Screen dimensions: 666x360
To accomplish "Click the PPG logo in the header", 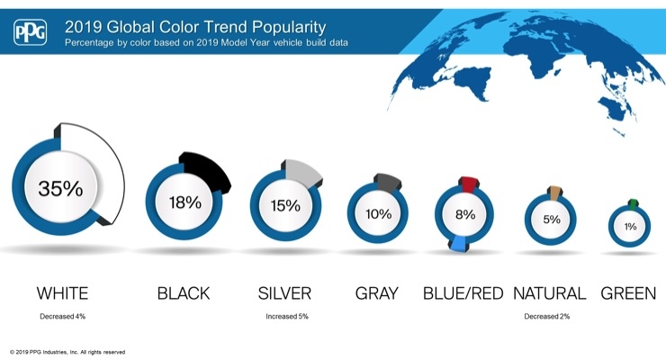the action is point(31,31).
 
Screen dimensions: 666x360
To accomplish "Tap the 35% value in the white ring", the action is point(60,188).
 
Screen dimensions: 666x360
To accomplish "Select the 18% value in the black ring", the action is point(185,202).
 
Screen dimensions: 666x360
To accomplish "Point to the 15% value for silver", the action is point(285,206).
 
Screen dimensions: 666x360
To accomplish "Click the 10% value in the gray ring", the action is point(378,214).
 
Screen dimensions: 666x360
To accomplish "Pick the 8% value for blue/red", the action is point(465,214).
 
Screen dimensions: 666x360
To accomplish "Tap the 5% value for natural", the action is point(552,220).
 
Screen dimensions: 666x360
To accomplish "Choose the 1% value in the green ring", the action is point(630,227).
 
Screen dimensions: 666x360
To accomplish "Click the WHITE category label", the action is point(62,293).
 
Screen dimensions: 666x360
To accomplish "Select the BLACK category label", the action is point(184,293).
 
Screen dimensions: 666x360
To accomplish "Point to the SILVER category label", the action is point(284,293).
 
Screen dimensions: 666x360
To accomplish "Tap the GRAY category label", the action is point(377,293).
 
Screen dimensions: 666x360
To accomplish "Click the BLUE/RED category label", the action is point(463,293).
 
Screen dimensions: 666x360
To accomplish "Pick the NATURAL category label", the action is point(550,293).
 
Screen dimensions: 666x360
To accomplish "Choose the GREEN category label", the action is point(628,293).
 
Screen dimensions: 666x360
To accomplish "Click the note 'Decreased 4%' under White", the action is point(62,316).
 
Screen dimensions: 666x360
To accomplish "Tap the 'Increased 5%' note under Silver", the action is point(287,316).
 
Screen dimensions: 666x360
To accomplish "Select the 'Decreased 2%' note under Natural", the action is point(546,316).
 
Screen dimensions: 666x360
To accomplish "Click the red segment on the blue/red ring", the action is point(469,184).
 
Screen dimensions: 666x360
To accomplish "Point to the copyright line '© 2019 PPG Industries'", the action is point(67,352).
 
